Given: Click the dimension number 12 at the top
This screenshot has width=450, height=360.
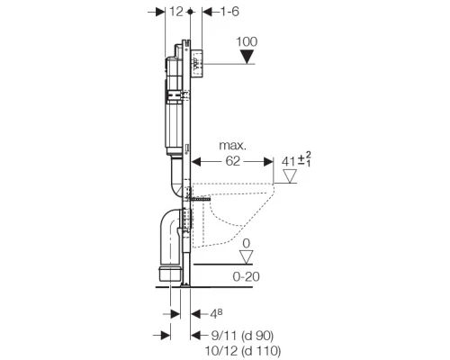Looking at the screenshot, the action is click(x=176, y=12).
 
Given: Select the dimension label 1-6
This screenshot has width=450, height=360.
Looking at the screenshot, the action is click(x=229, y=12).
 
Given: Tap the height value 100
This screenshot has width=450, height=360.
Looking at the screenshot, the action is click(x=247, y=41).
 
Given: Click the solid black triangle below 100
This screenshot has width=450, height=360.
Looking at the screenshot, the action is click(x=247, y=57).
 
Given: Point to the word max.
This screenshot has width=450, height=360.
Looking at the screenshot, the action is click(x=233, y=146).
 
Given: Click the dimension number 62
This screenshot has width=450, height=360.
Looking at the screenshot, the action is click(x=233, y=161).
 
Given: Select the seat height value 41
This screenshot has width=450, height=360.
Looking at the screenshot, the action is click(x=288, y=162).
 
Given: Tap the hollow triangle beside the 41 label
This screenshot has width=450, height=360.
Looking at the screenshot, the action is click(x=290, y=176).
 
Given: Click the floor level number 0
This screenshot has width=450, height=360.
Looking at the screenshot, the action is click(x=247, y=244).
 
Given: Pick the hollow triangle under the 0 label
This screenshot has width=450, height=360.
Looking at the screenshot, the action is click(x=247, y=257).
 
